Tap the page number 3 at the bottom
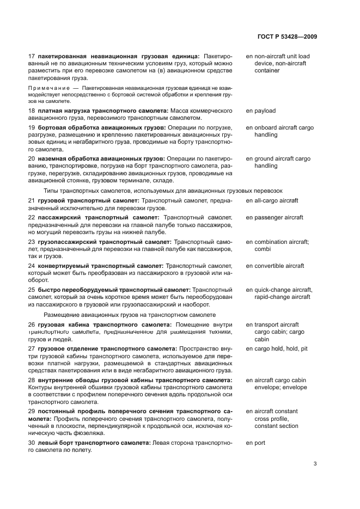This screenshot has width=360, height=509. (315, 464)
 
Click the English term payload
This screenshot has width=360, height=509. (264, 111)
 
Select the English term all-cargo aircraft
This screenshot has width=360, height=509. (276, 200)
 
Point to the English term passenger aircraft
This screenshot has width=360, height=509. (278, 217)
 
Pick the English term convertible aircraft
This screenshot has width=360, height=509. (279, 266)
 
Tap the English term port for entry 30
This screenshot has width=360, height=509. (259, 443)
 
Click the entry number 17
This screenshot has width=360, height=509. (31, 56)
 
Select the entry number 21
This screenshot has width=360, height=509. (31, 200)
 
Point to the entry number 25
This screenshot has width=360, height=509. (31, 290)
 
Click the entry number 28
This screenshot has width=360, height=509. (31, 380)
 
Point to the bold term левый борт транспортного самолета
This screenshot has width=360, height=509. (94, 443)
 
